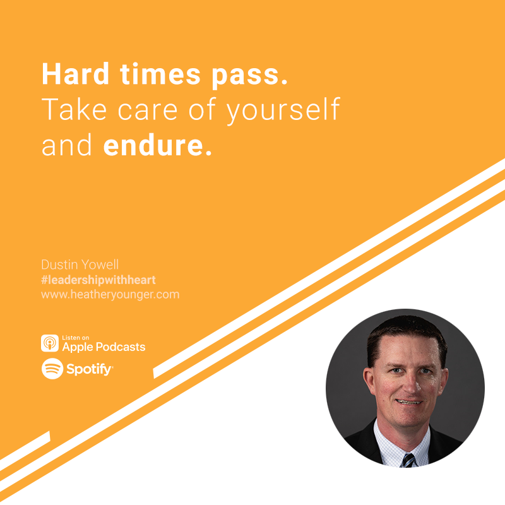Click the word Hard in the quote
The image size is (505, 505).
(76, 74)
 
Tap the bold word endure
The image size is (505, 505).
(157, 146)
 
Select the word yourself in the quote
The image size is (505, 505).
(283, 110)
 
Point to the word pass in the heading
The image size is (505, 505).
(249, 76)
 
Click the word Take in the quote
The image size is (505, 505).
(74, 109)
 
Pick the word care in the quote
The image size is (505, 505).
(148, 112)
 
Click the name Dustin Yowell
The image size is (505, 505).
(80, 264)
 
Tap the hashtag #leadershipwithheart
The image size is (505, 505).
(98, 280)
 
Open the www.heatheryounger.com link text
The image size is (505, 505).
(110, 295)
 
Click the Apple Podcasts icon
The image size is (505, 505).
(50, 343)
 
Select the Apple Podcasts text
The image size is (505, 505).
(104, 347)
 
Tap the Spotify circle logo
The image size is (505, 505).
(52, 369)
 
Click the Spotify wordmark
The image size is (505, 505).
(90, 369)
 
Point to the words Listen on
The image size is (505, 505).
(75, 338)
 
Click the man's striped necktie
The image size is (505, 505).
(408, 460)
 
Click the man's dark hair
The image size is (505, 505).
(407, 335)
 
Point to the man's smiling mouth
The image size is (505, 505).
(408, 402)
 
